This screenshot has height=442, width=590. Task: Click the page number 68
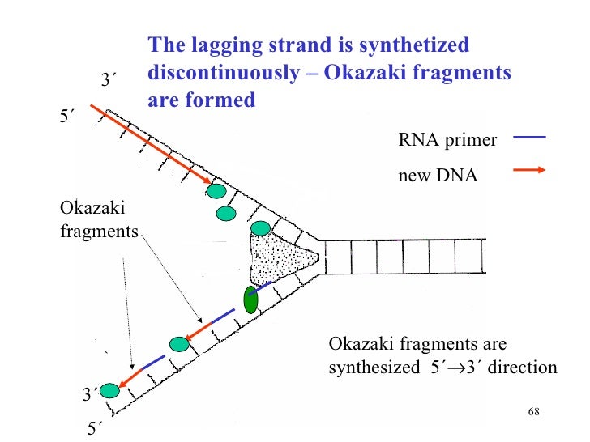[x=533, y=412]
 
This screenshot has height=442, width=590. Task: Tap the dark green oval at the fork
[x=251, y=300]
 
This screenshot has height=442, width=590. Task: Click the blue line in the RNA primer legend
[x=529, y=138]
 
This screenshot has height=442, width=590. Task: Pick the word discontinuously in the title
[x=222, y=73]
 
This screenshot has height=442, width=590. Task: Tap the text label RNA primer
[x=447, y=140]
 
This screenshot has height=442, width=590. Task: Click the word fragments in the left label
[x=100, y=232]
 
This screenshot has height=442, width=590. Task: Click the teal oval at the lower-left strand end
[x=109, y=391]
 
